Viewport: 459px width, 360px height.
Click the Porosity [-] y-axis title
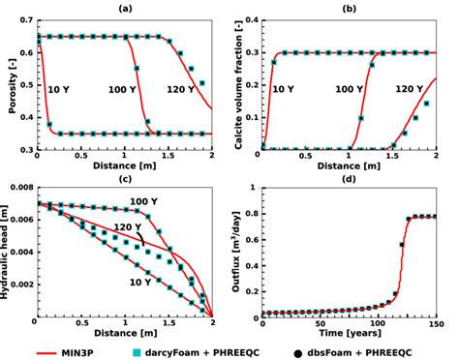[x=8, y=84]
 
